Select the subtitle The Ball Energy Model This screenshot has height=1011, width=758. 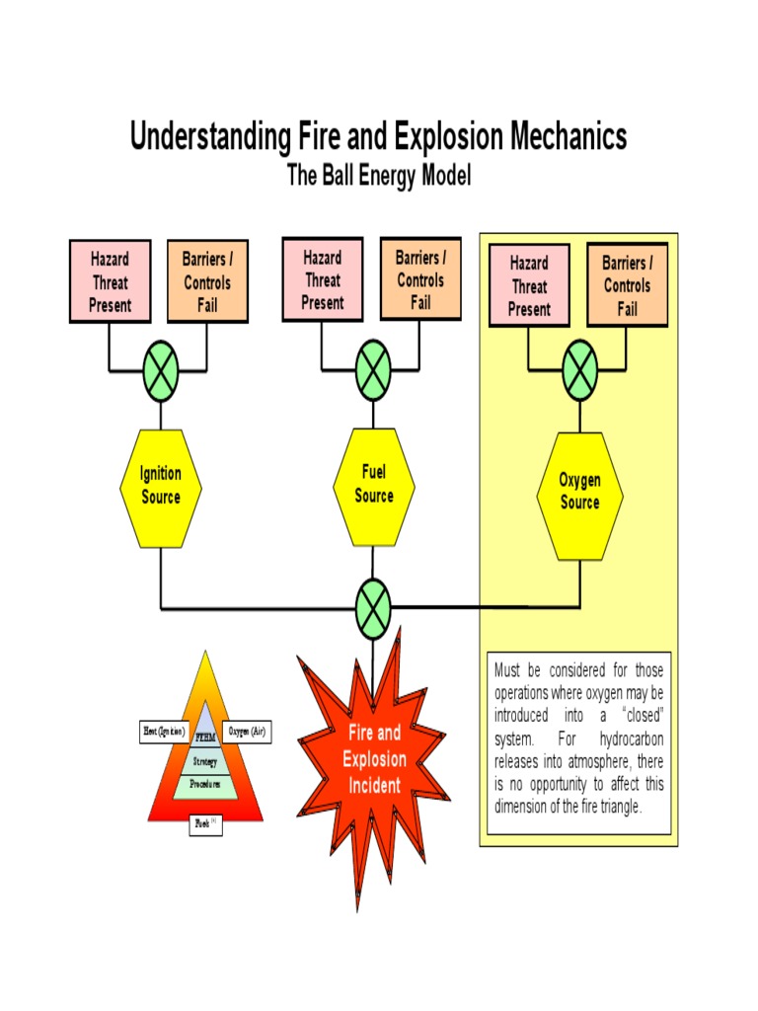pos(379,176)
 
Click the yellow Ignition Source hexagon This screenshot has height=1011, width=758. pos(160,486)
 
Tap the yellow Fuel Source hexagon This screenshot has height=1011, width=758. pos(373,485)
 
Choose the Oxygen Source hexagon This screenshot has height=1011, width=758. pos(579,491)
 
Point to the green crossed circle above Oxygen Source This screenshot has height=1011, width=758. pos(579,373)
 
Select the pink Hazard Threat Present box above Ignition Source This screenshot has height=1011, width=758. pos(110,281)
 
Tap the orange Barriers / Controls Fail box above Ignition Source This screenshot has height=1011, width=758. pos(207,281)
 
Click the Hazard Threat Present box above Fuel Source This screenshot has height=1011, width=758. pos(323,279)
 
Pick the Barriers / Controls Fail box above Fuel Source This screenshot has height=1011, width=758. pos(420,279)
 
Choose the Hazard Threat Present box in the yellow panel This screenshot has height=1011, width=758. pos(529,286)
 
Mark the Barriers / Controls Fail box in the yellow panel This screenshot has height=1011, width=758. pos(627,286)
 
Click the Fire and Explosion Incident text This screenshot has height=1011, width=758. pos(374,759)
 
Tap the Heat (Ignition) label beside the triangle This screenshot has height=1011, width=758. pos(164,732)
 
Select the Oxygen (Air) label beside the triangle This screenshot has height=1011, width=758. pos(247,732)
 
